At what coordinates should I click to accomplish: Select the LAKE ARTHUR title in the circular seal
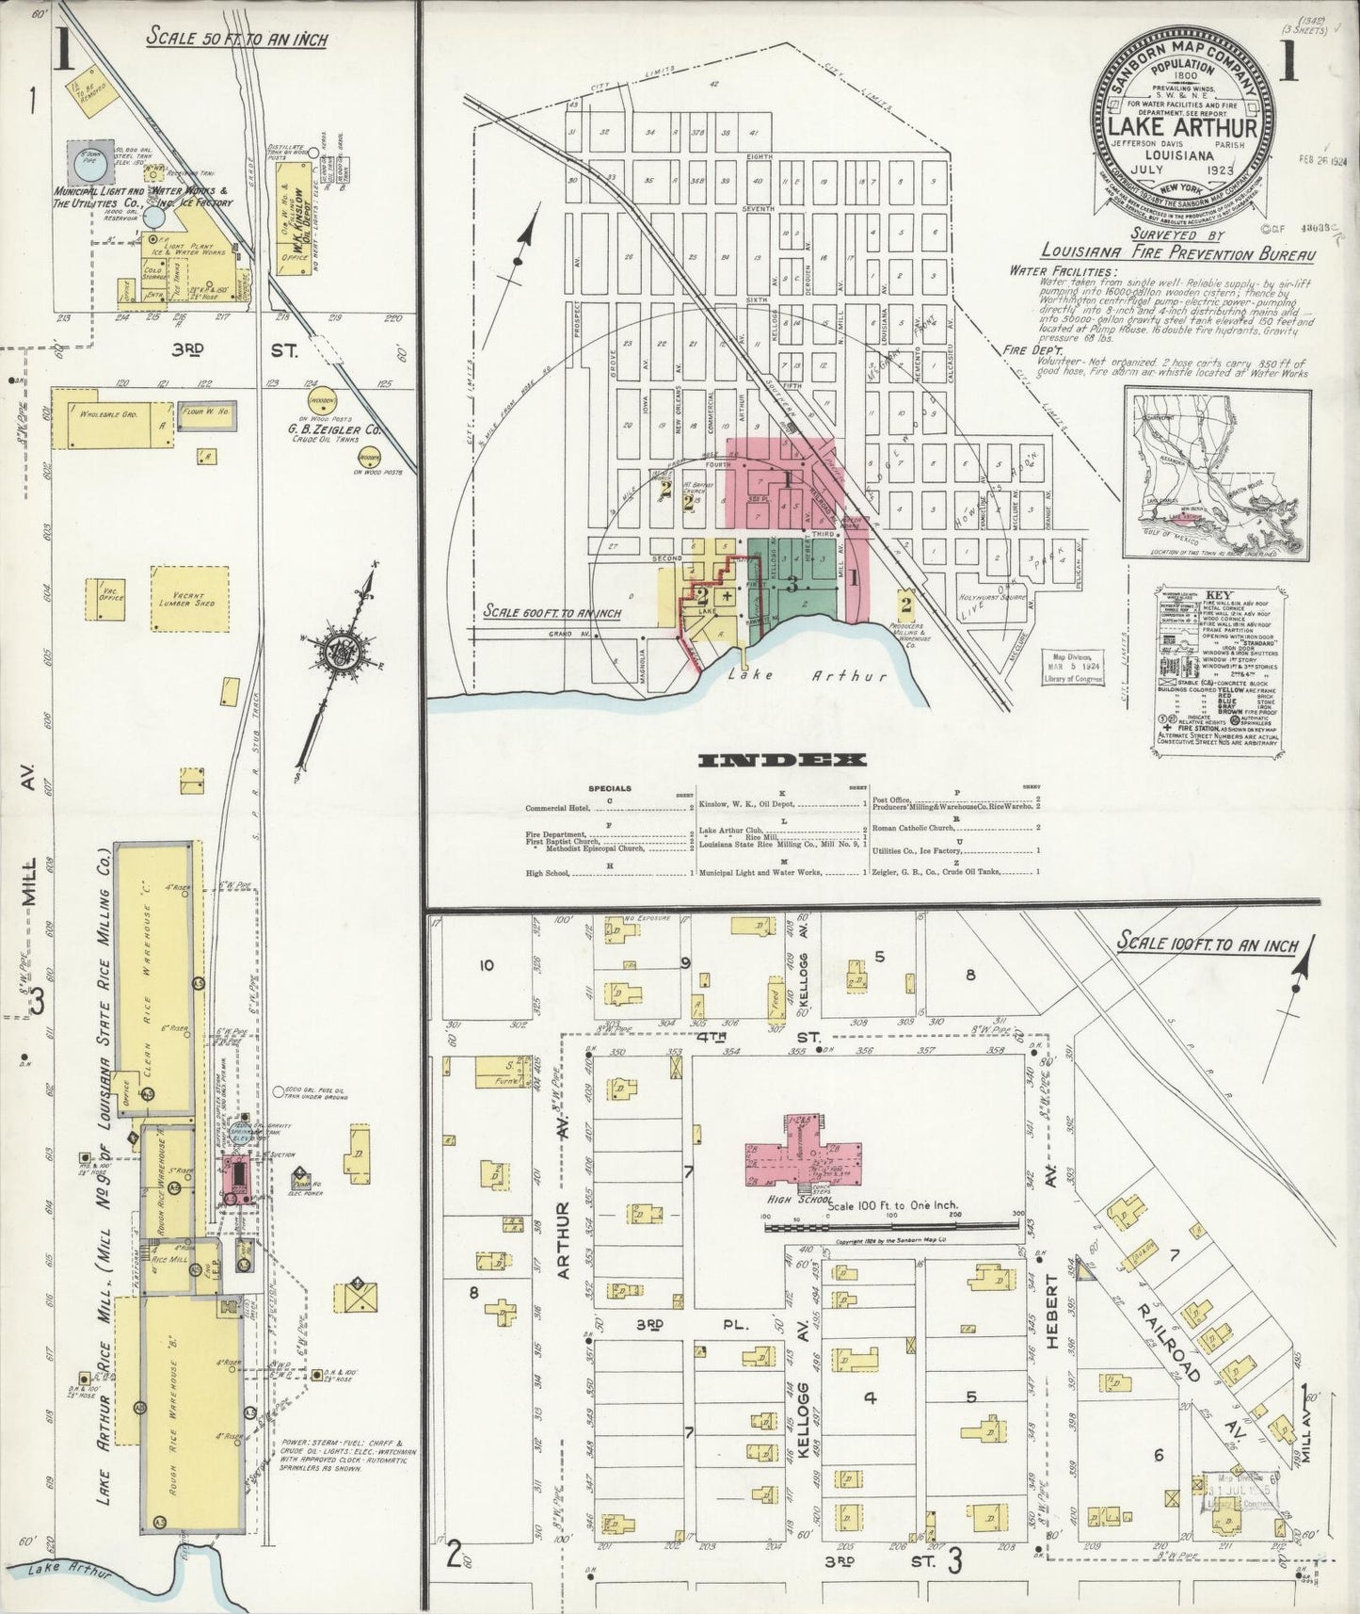tap(1183, 126)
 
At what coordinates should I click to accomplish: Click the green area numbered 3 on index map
tap(792, 584)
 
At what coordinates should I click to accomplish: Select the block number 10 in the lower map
tap(486, 965)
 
